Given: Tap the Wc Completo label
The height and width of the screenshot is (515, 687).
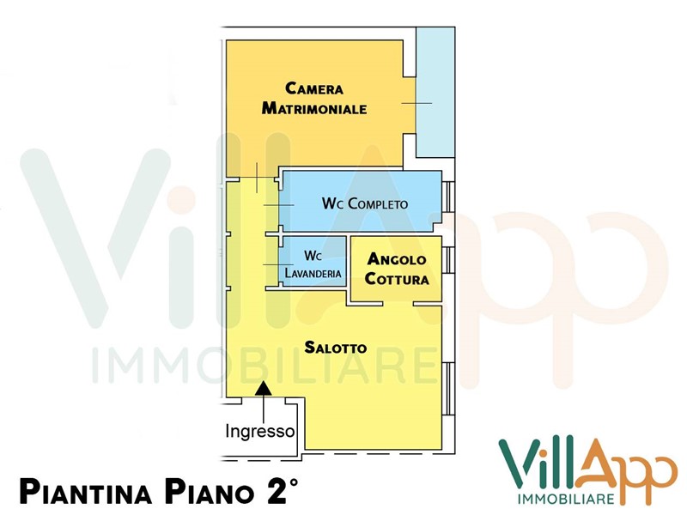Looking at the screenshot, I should tap(364, 203).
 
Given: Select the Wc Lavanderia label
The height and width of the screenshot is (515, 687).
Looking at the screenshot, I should tap(313, 264).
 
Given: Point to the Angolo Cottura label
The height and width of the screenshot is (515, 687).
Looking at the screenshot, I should tap(397, 269).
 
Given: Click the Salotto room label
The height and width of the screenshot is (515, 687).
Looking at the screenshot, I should tap(336, 348).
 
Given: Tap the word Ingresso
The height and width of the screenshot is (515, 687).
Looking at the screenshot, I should tap(260, 431).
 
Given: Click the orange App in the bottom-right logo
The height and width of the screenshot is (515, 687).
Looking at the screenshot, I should tap(627, 468).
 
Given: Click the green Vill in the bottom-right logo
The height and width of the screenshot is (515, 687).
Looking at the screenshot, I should tap(541, 464).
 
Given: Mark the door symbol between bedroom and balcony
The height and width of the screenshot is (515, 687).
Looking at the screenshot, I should tap(416, 103).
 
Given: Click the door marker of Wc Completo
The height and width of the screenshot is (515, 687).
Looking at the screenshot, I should tap(279, 205).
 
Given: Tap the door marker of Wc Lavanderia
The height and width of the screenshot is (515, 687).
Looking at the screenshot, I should tap(279, 264).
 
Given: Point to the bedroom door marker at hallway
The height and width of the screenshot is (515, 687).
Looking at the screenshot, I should tap(257, 177).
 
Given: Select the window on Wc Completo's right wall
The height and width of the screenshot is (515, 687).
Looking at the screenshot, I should tap(447, 197).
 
